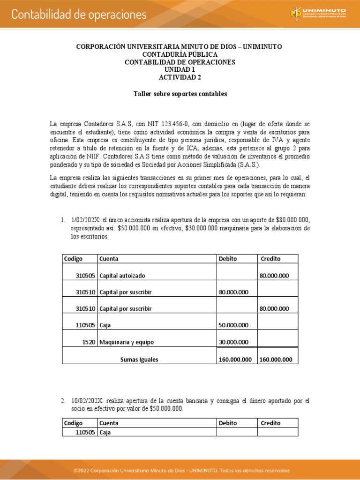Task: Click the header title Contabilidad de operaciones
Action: tap(79, 15)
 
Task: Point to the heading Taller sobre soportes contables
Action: tap(180, 94)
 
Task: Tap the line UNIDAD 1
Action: tap(180, 69)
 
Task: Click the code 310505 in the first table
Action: tap(85, 276)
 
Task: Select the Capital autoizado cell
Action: tap(122, 276)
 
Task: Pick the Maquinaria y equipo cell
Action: tap(126, 342)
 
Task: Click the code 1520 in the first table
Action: tap(89, 342)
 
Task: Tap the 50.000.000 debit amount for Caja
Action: tap(233, 325)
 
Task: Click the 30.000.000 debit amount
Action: tap(233, 342)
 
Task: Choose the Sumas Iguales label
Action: tap(139, 360)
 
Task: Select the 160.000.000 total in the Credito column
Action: tap(276, 360)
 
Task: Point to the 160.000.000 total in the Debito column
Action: tap(235, 360)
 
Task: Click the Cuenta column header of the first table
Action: tap(108, 259)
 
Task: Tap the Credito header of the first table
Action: tap(270, 259)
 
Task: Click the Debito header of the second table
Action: tap(228, 423)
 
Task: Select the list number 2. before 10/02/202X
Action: tap(63, 401)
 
